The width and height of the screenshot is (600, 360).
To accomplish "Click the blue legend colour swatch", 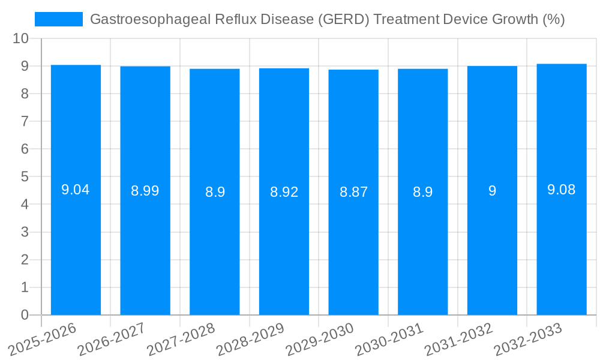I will (x=59, y=19).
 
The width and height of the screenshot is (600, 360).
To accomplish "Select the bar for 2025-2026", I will (x=76, y=240).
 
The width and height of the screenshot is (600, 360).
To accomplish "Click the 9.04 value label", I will (x=76, y=190).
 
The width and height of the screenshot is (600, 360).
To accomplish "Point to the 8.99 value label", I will (x=145, y=191).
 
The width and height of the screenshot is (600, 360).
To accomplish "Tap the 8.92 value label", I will (x=284, y=192).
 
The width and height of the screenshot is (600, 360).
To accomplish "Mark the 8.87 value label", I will (x=353, y=193).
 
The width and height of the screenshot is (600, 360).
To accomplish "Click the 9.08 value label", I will (x=562, y=190).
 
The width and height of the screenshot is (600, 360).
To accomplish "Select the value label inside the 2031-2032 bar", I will (x=492, y=191).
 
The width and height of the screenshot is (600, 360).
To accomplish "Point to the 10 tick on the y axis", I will (x=20, y=38).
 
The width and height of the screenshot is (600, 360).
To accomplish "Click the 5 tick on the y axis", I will (x=25, y=177).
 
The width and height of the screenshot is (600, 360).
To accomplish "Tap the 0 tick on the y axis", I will (x=25, y=315).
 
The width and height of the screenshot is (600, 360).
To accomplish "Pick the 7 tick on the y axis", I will (x=25, y=121).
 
